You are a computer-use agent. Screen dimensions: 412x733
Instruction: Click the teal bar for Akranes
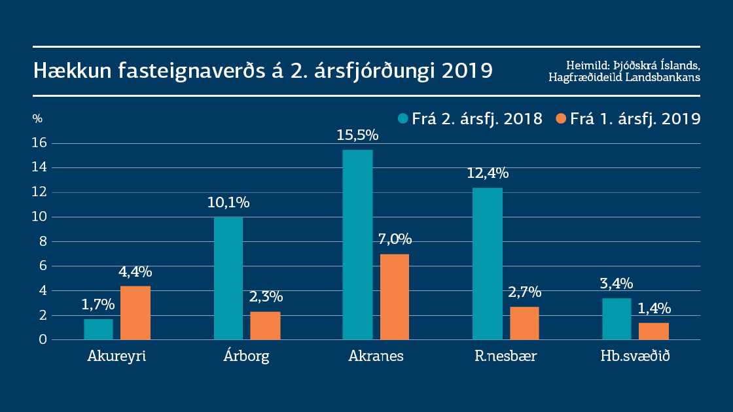click(358, 245)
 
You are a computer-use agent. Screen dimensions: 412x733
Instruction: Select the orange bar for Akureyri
click(135, 313)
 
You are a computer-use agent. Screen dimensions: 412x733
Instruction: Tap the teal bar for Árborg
click(228, 278)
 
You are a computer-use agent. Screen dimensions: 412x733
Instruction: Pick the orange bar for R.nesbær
click(524, 323)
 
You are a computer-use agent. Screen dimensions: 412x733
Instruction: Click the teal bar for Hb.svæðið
click(617, 319)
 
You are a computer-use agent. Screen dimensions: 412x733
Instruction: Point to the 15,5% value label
click(358, 135)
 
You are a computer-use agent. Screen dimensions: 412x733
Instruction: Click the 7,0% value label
click(395, 239)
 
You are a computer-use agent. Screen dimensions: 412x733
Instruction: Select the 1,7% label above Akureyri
click(98, 304)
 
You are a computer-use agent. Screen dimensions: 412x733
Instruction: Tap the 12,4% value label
click(488, 173)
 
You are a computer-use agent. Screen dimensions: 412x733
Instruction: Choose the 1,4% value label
click(653, 308)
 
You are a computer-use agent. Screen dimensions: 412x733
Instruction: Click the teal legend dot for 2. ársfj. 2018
click(403, 118)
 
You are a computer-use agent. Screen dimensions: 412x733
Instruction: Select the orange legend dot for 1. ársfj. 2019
click(560, 118)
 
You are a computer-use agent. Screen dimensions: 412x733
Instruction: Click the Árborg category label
click(246, 357)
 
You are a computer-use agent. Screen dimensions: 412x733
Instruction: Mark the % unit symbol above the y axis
click(37, 118)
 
